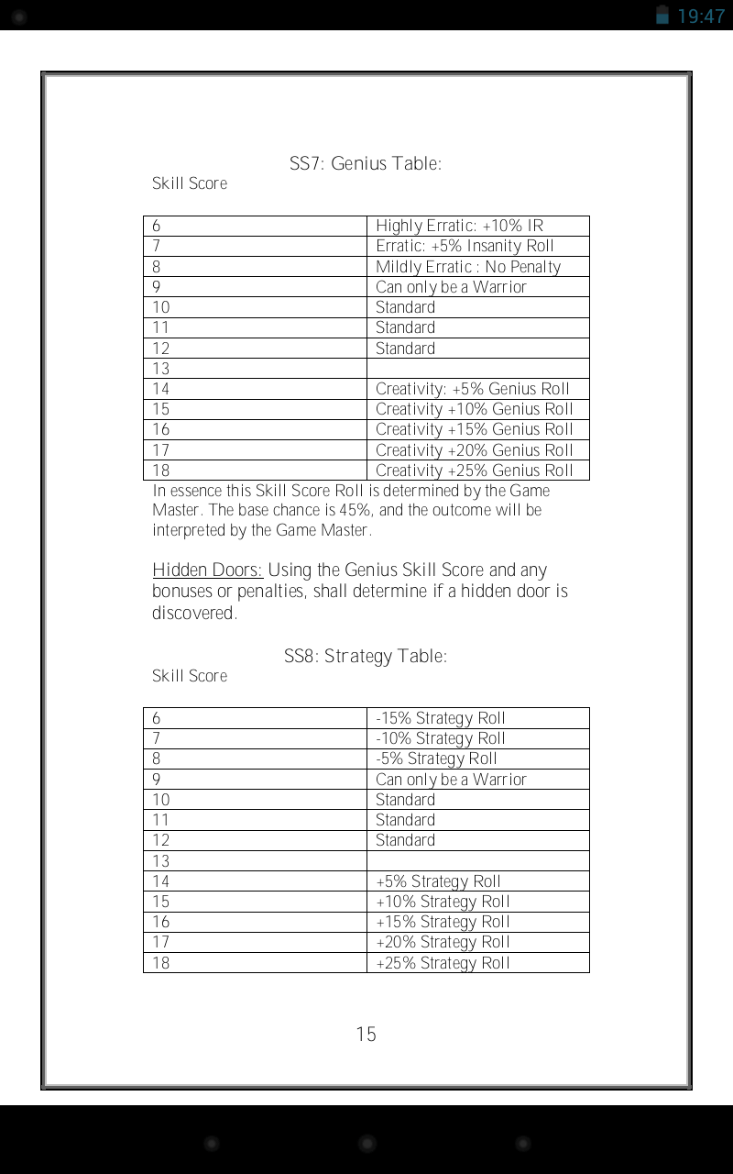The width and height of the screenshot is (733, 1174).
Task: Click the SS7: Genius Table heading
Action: click(x=366, y=164)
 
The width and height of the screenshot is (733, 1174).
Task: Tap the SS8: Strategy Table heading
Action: click(x=366, y=657)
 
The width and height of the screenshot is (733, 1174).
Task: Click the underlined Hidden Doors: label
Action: click(x=207, y=570)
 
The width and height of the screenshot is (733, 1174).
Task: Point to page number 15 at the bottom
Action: click(x=366, y=1035)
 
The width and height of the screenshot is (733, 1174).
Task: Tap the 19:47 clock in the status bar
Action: click(x=701, y=16)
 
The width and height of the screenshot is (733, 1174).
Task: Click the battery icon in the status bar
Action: click(x=662, y=15)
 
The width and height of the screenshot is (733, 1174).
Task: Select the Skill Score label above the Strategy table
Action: click(x=190, y=676)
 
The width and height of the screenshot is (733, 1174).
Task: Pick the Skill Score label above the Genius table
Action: click(x=190, y=183)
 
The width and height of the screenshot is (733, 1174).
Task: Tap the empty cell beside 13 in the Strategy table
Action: click(x=477, y=861)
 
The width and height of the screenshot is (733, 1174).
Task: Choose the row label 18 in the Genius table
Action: click(x=161, y=471)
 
